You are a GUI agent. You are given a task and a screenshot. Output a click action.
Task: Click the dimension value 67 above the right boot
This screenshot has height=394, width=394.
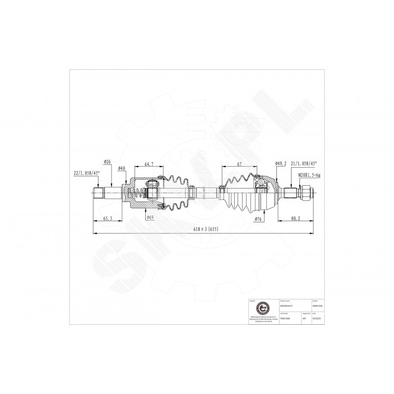tap(239, 164)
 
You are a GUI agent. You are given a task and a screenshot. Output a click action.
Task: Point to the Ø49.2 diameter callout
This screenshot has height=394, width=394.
tap(281, 164)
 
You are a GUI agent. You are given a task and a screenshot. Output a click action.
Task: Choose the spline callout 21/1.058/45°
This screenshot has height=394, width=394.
tap(305, 164)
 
